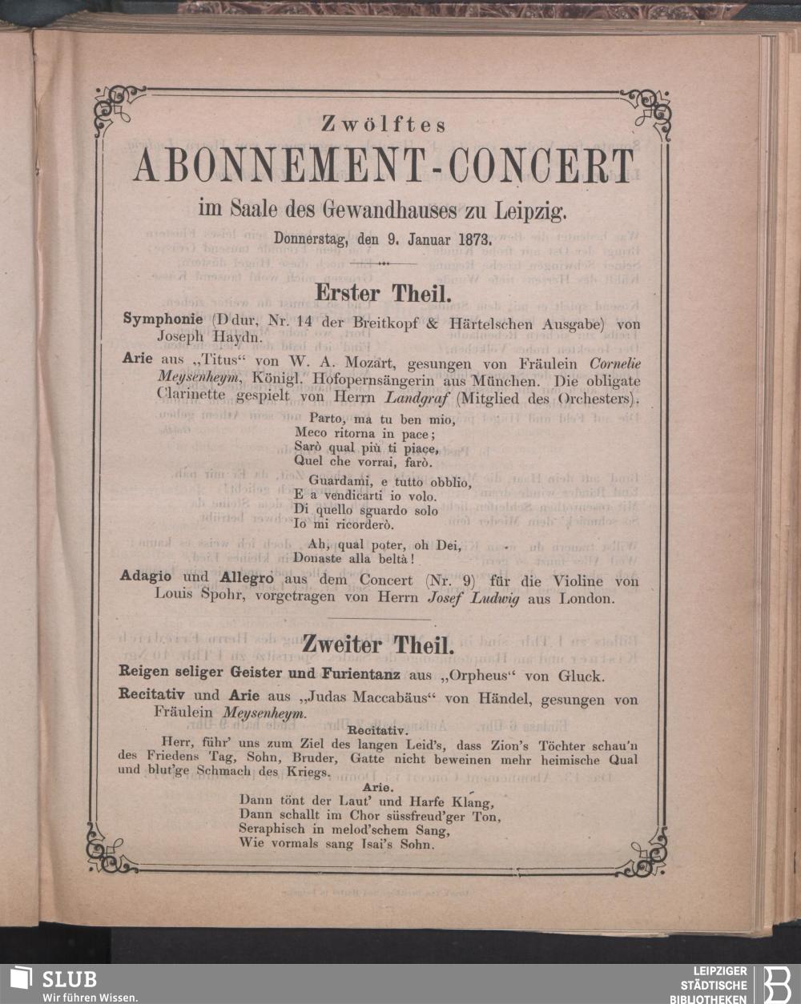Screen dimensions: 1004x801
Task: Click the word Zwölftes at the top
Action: [x=383, y=125]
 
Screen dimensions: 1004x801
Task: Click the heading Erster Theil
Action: [x=380, y=293]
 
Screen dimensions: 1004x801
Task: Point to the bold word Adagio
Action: [x=144, y=577]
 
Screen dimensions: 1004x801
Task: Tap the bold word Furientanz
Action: [x=374, y=676]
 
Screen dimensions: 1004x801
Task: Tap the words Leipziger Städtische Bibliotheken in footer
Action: [x=714, y=985]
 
